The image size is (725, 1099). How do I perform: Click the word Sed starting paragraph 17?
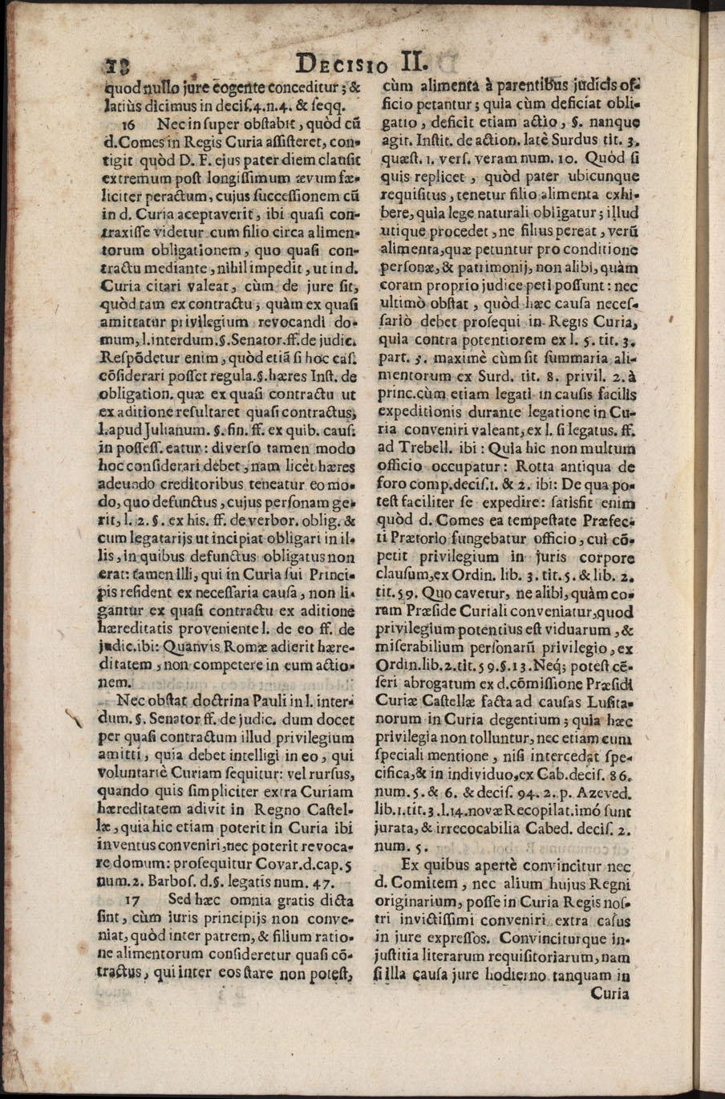(x=182, y=901)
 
